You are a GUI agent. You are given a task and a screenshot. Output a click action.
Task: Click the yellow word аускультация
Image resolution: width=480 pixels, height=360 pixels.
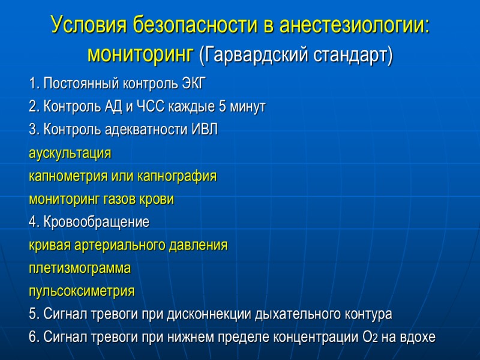click(x=70, y=153)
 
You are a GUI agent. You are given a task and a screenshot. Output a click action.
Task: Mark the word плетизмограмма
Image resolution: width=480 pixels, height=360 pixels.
click(x=79, y=269)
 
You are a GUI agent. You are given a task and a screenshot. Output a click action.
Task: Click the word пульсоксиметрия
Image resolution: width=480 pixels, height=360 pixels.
click(x=82, y=292)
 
